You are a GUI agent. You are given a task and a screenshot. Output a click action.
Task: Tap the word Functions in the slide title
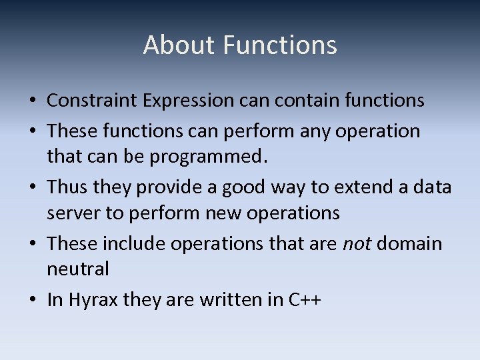(280, 45)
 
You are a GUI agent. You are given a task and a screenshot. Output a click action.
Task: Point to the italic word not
(357, 244)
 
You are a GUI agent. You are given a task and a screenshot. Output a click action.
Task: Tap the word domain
(409, 244)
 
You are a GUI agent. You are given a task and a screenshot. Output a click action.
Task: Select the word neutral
(77, 269)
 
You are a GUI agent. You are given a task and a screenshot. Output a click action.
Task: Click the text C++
(305, 300)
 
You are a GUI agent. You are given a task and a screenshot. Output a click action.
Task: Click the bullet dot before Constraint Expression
(33, 101)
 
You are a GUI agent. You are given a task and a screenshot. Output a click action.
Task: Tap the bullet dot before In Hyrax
(33, 301)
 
